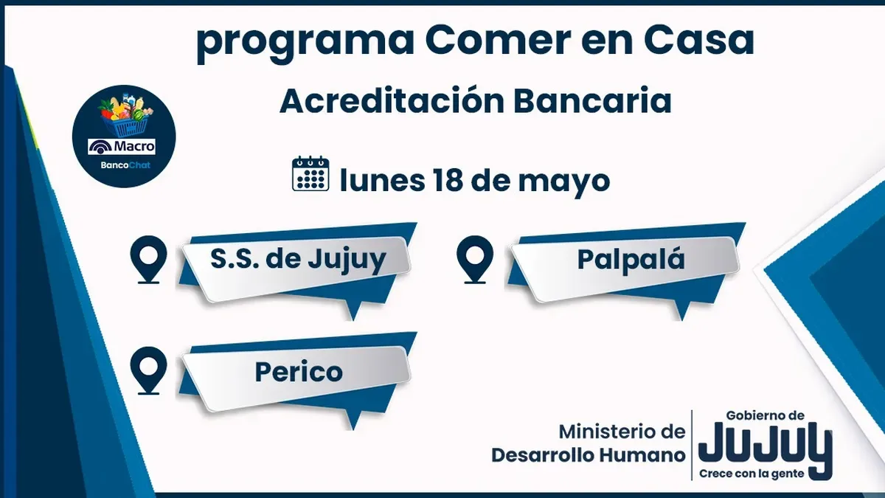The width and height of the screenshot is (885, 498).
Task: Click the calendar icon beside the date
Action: (x=310, y=173)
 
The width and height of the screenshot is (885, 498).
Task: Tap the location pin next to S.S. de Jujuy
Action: (x=148, y=259)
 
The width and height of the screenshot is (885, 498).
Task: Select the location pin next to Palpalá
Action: (x=475, y=259)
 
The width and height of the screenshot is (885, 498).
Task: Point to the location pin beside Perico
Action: (x=148, y=370)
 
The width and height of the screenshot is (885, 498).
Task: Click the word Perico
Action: (x=299, y=372)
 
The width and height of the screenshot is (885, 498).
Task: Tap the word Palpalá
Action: (x=631, y=259)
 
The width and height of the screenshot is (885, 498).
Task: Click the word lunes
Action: (x=382, y=180)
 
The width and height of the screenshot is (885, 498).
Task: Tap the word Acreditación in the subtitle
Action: (x=392, y=101)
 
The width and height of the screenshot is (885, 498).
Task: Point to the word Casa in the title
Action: (x=699, y=40)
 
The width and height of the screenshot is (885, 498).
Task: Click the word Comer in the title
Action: (x=499, y=40)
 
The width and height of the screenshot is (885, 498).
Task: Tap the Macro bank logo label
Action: (x=122, y=147)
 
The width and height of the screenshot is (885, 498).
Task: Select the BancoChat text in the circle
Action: (x=125, y=165)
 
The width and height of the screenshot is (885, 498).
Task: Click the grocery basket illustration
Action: (x=125, y=115)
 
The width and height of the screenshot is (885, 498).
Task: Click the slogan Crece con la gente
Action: (x=752, y=474)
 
